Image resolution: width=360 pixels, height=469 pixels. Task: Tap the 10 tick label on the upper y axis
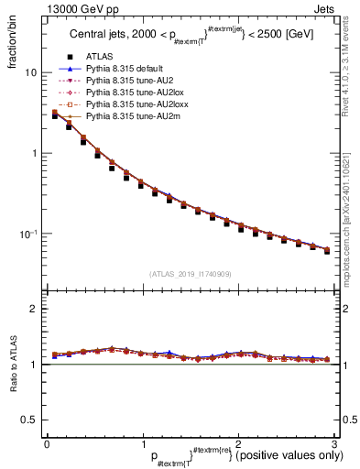click(30, 72)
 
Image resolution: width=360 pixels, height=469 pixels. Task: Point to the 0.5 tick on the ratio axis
click(29, 420)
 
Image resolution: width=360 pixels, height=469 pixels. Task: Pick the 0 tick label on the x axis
click(47, 443)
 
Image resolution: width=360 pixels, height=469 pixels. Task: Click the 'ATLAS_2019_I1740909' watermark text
click(191, 274)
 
